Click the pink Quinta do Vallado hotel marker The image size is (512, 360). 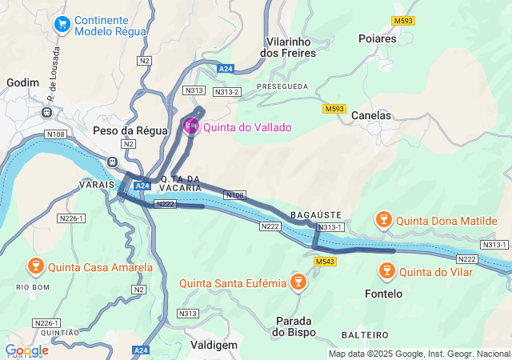tap(191, 126)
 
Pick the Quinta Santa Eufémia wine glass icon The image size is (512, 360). tap(298, 282)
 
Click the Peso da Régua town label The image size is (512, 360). tap(130, 130)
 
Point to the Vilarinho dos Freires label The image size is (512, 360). tap(289, 46)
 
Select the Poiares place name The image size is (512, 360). tap(378, 38)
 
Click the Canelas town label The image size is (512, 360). tap(371, 115)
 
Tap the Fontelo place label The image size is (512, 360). tap(383, 294)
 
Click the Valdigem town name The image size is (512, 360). tap(214, 344)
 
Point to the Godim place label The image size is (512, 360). tap(22, 82)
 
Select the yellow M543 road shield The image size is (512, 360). tap(326, 262)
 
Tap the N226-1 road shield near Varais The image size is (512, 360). tap(70, 218)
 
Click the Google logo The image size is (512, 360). tap(26, 350)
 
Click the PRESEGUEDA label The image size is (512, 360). tap(282, 86)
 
